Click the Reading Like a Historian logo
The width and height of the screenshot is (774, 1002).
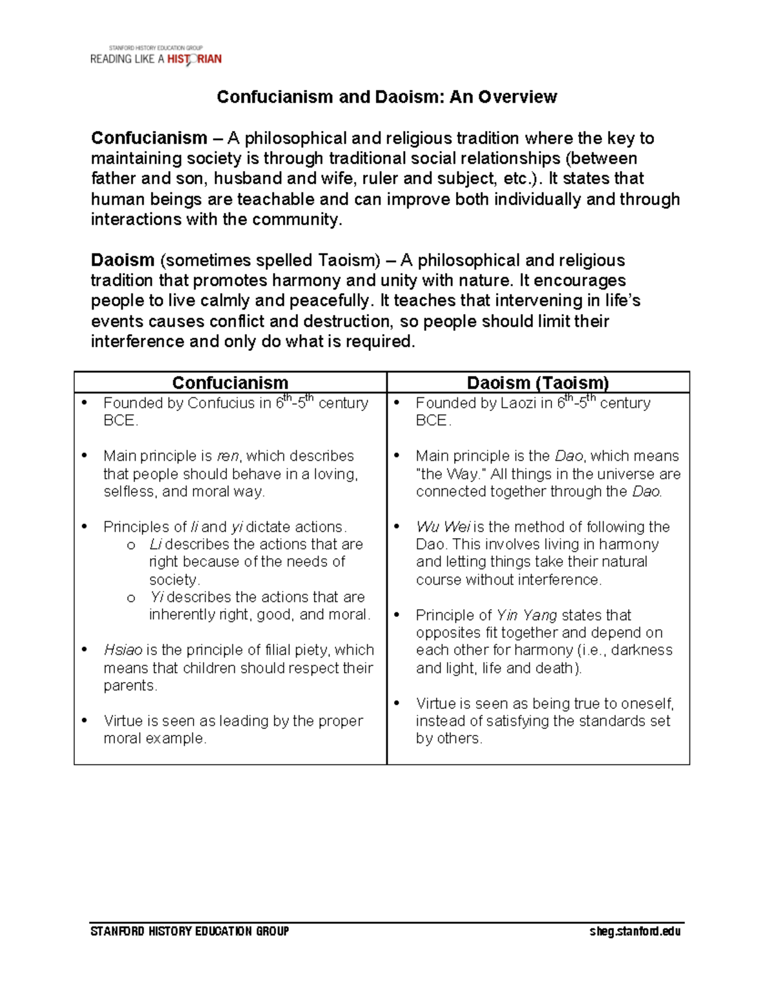coord(155,57)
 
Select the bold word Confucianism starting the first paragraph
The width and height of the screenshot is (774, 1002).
coord(149,138)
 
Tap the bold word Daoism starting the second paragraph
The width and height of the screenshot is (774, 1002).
coord(123,260)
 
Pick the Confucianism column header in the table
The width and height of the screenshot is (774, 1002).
coord(230,383)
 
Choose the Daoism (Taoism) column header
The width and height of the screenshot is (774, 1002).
coord(538,383)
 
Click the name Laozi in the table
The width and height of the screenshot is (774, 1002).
coord(515,403)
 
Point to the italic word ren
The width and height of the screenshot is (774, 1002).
coord(227,456)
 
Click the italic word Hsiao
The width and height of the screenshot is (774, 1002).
coord(123,650)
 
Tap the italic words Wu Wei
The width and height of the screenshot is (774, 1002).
coord(443,527)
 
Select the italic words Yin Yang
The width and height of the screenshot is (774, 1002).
coord(526,615)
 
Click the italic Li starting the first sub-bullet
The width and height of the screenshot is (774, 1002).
coord(155,545)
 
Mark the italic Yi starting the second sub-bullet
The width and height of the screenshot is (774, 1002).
coord(156,597)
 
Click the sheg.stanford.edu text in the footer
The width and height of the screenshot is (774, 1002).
coord(635,931)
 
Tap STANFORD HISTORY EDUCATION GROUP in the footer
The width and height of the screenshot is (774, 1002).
coord(190,931)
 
